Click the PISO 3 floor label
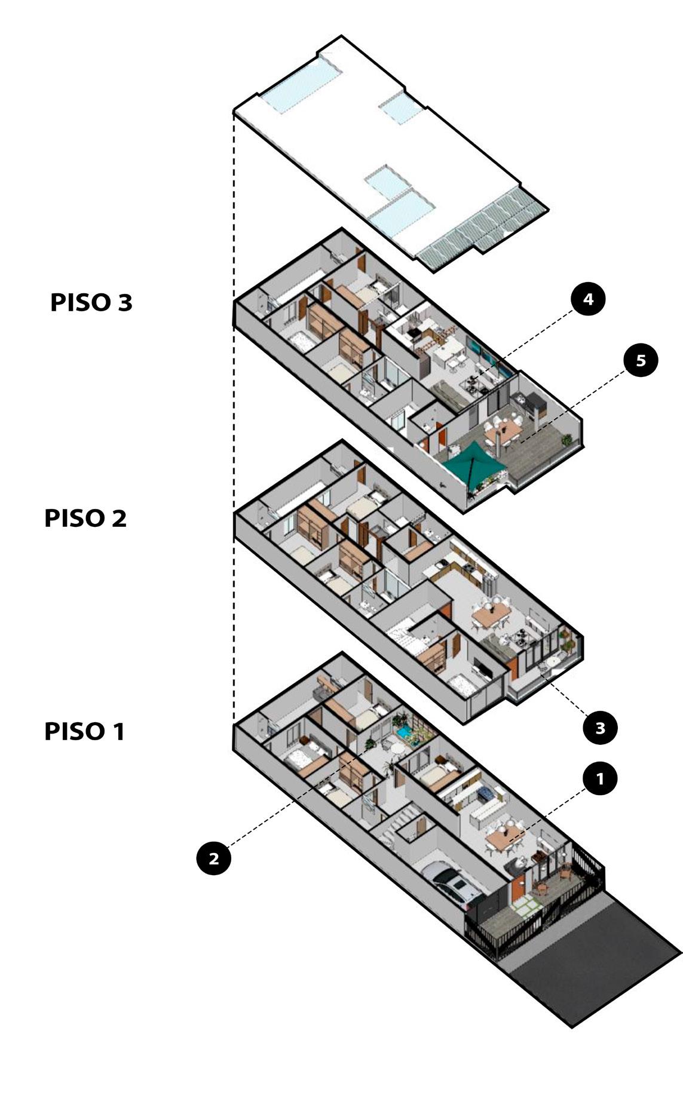click(x=91, y=302)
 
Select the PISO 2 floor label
click(x=85, y=518)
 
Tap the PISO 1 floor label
click(x=84, y=731)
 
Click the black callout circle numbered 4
click(x=589, y=299)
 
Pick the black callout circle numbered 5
click(x=641, y=360)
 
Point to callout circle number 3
click(x=600, y=728)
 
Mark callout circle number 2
click(x=213, y=858)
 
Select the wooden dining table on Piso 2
click(x=486, y=614)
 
